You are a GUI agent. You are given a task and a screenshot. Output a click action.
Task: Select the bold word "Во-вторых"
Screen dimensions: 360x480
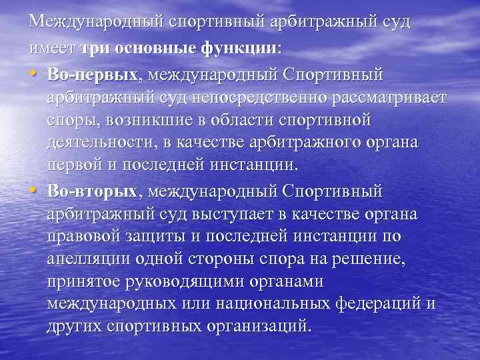(92, 191)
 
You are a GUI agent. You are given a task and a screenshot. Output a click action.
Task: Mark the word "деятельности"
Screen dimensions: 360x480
(96, 143)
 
